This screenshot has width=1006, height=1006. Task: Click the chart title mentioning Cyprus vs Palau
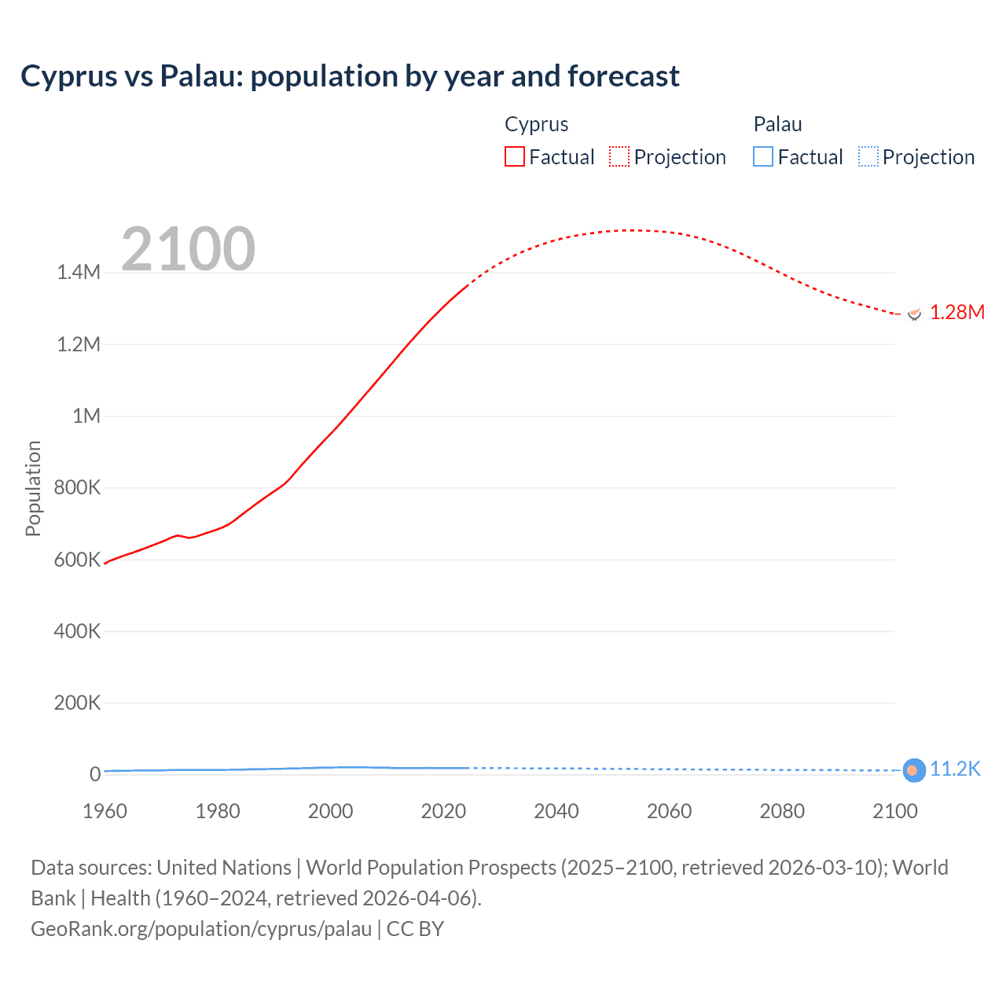pyautogui.click(x=350, y=76)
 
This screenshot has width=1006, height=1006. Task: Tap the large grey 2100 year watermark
pyautogui.click(x=188, y=249)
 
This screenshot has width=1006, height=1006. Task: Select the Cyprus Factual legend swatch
pyautogui.click(x=514, y=157)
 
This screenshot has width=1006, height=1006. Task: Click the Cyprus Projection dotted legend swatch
pyautogui.click(x=619, y=157)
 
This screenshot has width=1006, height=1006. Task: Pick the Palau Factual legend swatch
pyautogui.click(x=762, y=157)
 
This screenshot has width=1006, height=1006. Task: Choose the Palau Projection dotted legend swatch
pyautogui.click(x=868, y=157)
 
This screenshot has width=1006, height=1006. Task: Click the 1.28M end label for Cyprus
pyautogui.click(x=956, y=313)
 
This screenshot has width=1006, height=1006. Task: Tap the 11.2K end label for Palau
pyautogui.click(x=955, y=769)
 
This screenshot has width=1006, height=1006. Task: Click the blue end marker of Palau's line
pyautogui.click(x=913, y=770)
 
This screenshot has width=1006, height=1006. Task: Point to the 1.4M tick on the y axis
pyautogui.click(x=79, y=273)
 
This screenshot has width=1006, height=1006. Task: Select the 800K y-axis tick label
pyautogui.click(x=77, y=488)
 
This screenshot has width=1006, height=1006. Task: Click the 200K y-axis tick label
pyautogui.click(x=77, y=703)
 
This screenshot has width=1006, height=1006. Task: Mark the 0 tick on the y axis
pyautogui.click(x=95, y=775)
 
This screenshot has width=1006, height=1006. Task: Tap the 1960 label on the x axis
pyautogui.click(x=105, y=812)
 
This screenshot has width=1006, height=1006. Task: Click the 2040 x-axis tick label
pyautogui.click(x=556, y=812)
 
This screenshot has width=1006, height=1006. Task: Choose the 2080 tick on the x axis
pyautogui.click(x=782, y=812)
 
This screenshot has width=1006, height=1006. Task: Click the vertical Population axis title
pyautogui.click(x=33, y=488)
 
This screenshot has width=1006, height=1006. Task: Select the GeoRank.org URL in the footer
pyautogui.click(x=201, y=929)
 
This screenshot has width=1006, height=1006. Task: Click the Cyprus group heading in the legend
pyautogui.click(x=536, y=124)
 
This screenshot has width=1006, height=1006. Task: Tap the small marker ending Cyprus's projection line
pyautogui.click(x=913, y=314)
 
